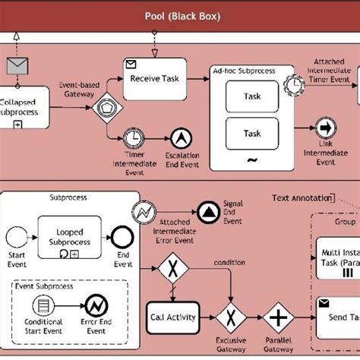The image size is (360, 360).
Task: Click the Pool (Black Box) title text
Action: pyautogui.click(x=181, y=16)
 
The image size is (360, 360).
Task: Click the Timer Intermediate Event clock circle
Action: pyautogui.click(x=134, y=137)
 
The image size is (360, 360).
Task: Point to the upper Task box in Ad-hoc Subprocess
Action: pyautogui.click(x=251, y=97)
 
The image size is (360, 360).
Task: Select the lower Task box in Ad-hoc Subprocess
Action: pyautogui.click(x=251, y=134)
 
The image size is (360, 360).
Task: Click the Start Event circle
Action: pyautogui.click(x=17, y=235)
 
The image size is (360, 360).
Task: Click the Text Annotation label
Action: pyautogui.click(x=302, y=197)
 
